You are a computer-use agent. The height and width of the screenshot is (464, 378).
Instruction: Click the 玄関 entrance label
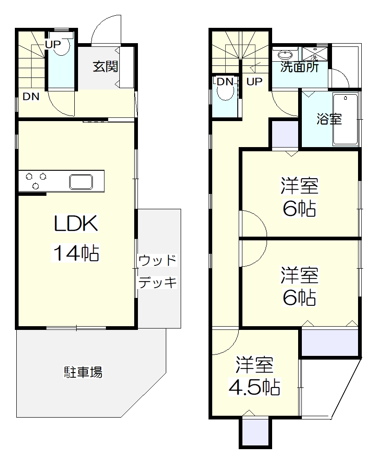(105, 66)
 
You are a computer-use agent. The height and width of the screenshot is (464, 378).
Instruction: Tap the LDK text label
(76, 224)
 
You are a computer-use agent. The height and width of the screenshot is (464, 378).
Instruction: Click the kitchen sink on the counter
(82, 181)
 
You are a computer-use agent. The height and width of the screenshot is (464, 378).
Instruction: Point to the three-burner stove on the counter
(36, 181)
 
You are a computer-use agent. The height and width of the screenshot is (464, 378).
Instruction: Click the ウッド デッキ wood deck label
(158, 271)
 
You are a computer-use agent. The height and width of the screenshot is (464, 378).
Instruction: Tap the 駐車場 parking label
(83, 372)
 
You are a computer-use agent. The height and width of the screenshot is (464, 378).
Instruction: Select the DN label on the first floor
(31, 97)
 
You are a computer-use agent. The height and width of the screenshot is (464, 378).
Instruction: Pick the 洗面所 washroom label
(300, 67)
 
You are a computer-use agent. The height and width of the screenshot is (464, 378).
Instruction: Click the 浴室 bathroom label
(329, 119)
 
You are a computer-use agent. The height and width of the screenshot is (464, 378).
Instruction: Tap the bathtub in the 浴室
(345, 119)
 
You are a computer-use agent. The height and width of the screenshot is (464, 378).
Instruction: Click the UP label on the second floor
(254, 82)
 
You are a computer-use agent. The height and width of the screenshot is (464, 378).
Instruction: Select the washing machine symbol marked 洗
(314, 53)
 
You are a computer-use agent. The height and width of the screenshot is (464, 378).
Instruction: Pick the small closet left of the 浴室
(285, 134)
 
